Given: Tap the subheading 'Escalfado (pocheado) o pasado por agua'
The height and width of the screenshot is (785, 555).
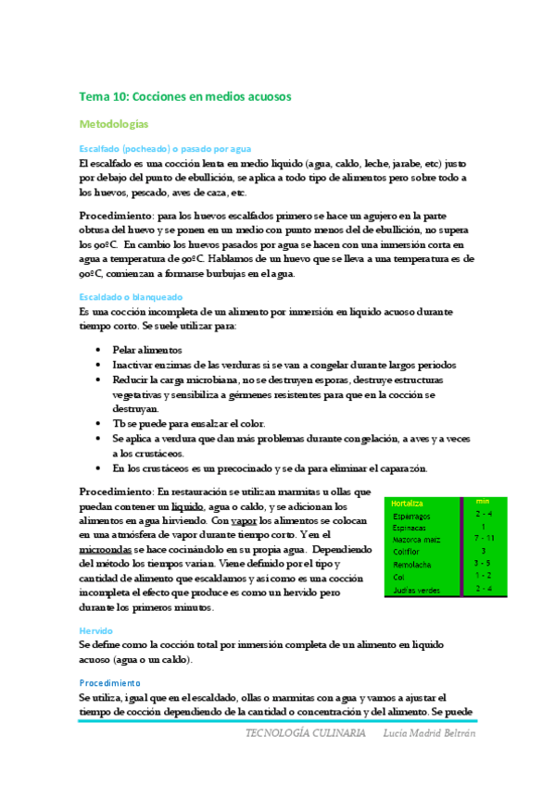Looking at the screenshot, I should pos(165,148).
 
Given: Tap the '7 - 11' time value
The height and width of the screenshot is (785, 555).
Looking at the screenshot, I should pos(483,538).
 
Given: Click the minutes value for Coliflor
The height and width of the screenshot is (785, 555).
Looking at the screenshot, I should pos(483,551).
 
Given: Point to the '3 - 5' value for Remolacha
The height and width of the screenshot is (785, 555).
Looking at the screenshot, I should pos(483,563).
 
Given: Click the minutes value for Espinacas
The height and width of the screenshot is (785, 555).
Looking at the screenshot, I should pos(483,526).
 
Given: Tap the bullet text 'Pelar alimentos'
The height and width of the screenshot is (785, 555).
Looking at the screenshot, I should pos(147,350).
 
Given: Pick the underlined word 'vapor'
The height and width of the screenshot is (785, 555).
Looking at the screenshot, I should pos(245,521).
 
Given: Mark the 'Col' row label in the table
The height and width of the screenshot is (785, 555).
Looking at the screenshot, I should pos(399,576).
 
